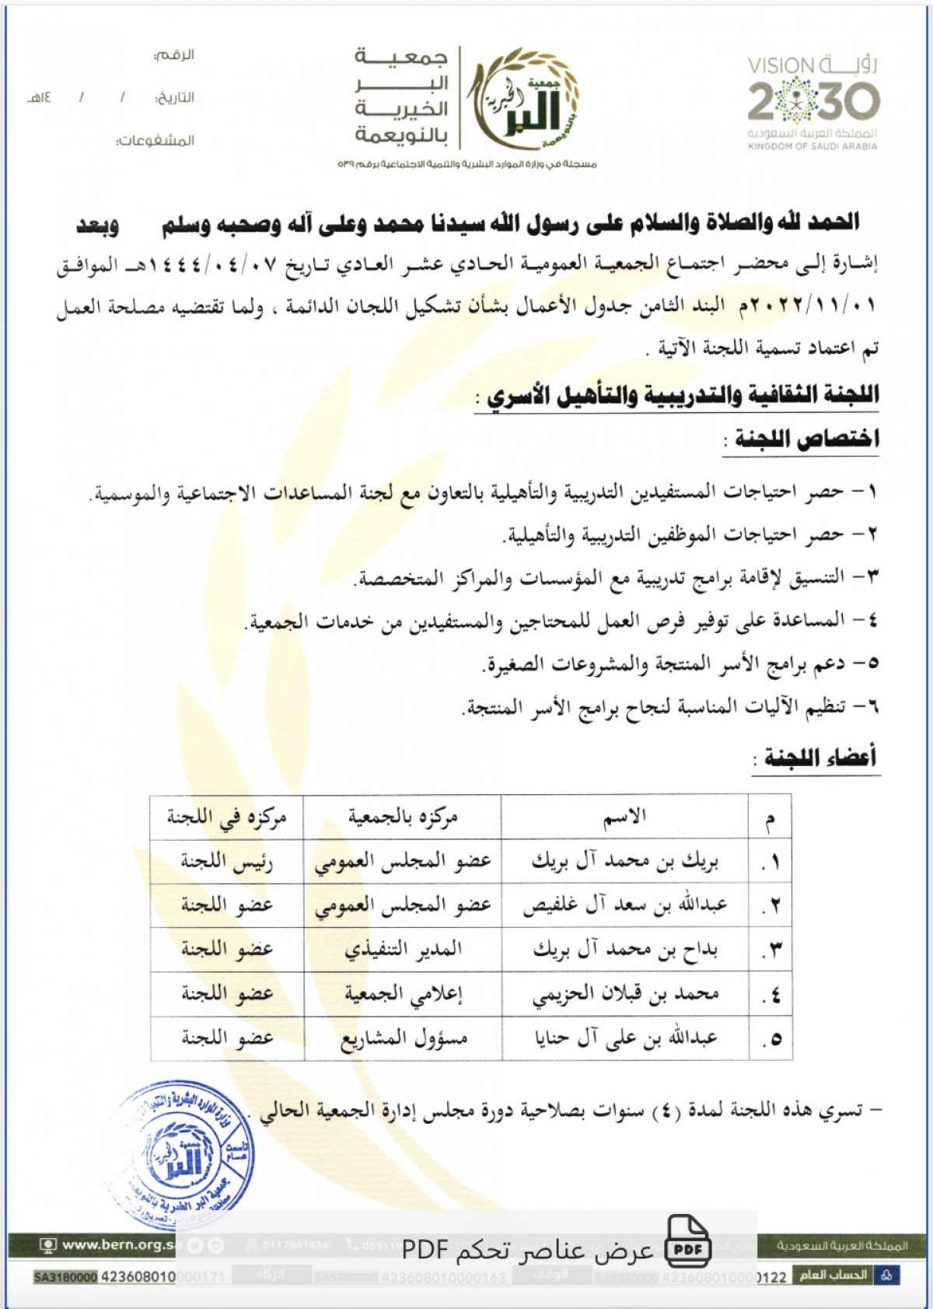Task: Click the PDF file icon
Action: click(x=688, y=1242)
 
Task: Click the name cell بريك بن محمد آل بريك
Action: click(x=625, y=861)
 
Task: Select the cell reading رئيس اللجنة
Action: click(x=226, y=862)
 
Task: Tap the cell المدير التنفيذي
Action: click(x=403, y=949)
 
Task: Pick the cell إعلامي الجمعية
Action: click(x=403, y=993)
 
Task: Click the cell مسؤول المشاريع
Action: click(x=403, y=1038)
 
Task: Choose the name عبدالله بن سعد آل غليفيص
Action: click(x=625, y=905)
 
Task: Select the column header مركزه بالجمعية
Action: click(x=403, y=817)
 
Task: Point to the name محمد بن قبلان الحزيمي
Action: click(x=625, y=993)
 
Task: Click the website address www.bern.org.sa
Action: click(x=117, y=1244)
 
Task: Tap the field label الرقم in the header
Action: click(x=174, y=55)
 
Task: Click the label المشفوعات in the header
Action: click(x=155, y=141)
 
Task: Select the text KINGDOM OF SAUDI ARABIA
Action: click(x=812, y=146)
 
